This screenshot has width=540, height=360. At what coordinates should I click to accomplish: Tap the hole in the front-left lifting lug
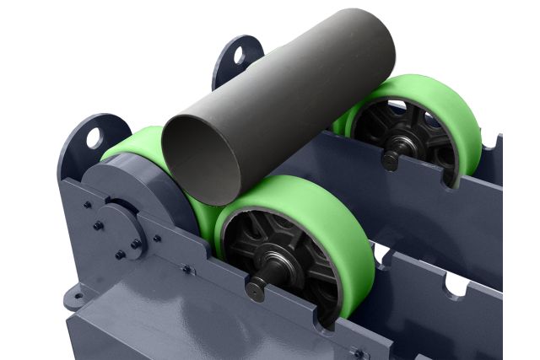coord(94,136)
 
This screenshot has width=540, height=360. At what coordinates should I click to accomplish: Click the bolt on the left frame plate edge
coord(87,203)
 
